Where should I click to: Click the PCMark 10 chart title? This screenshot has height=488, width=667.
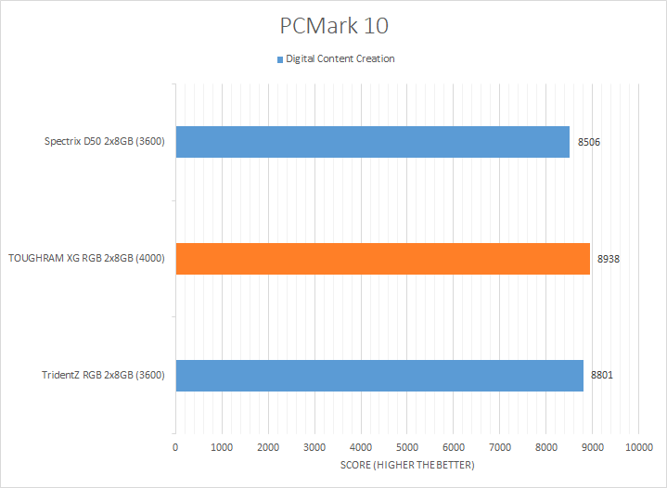pyautogui.click(x=333, y=24)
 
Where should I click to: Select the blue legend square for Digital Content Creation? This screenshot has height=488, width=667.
pyautogui.click(x=278, y=59)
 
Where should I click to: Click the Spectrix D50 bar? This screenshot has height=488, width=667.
pyautogui.click(x=372, y=142)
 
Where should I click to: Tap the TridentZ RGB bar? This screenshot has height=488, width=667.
pyautogui.click(x=378, y=375)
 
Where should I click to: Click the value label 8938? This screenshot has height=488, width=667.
pyautogui.click(x=608, y=259)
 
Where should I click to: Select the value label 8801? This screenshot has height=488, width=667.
pyautogui.click(x=602, y=375)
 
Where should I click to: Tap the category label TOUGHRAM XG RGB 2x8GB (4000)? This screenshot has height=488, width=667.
pyautogui.click(x=86, y=259)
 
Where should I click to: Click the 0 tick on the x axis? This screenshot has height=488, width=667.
pyautogui.click(x=175, y=448)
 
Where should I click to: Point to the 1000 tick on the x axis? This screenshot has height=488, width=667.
pyautogui.click(x=222, y=448)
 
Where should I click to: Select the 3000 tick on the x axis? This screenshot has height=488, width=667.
pyautogui.click(x=314, y=448)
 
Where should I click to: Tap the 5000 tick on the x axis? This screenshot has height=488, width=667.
pyautogui.click(x=407, y=448)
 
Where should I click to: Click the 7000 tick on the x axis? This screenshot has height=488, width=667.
pyautogui.click(x=500, y=448)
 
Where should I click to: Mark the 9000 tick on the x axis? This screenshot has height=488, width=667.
pyautogui.click(x=593, y=448)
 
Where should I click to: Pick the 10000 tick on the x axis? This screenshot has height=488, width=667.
pyautogui.click(x=638, y=448)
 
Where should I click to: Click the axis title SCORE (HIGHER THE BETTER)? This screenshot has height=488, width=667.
pyautogui.click(x=406, y=465)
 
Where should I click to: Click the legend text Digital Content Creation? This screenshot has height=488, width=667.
pyautogui.click(x=340, y=59)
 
